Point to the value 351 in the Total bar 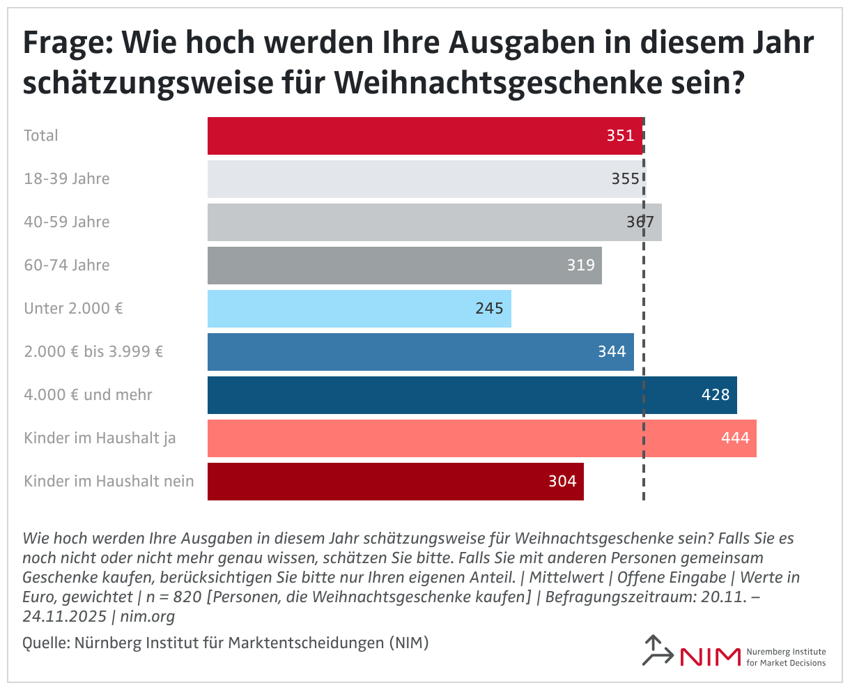(x=620, y=136)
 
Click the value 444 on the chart (x=736, y=438)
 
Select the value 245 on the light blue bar (x=489, y=309)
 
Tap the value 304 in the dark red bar (x=562, y=482)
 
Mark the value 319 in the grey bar (x=581, y=266)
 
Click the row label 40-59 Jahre (x=67, y=222)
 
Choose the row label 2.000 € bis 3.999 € (x=93, y=352)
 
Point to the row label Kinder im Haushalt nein (x=109, y=482)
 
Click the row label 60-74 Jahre (x=67, y=266)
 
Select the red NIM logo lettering (x=709, y=657)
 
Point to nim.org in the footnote (x=147, y=617)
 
